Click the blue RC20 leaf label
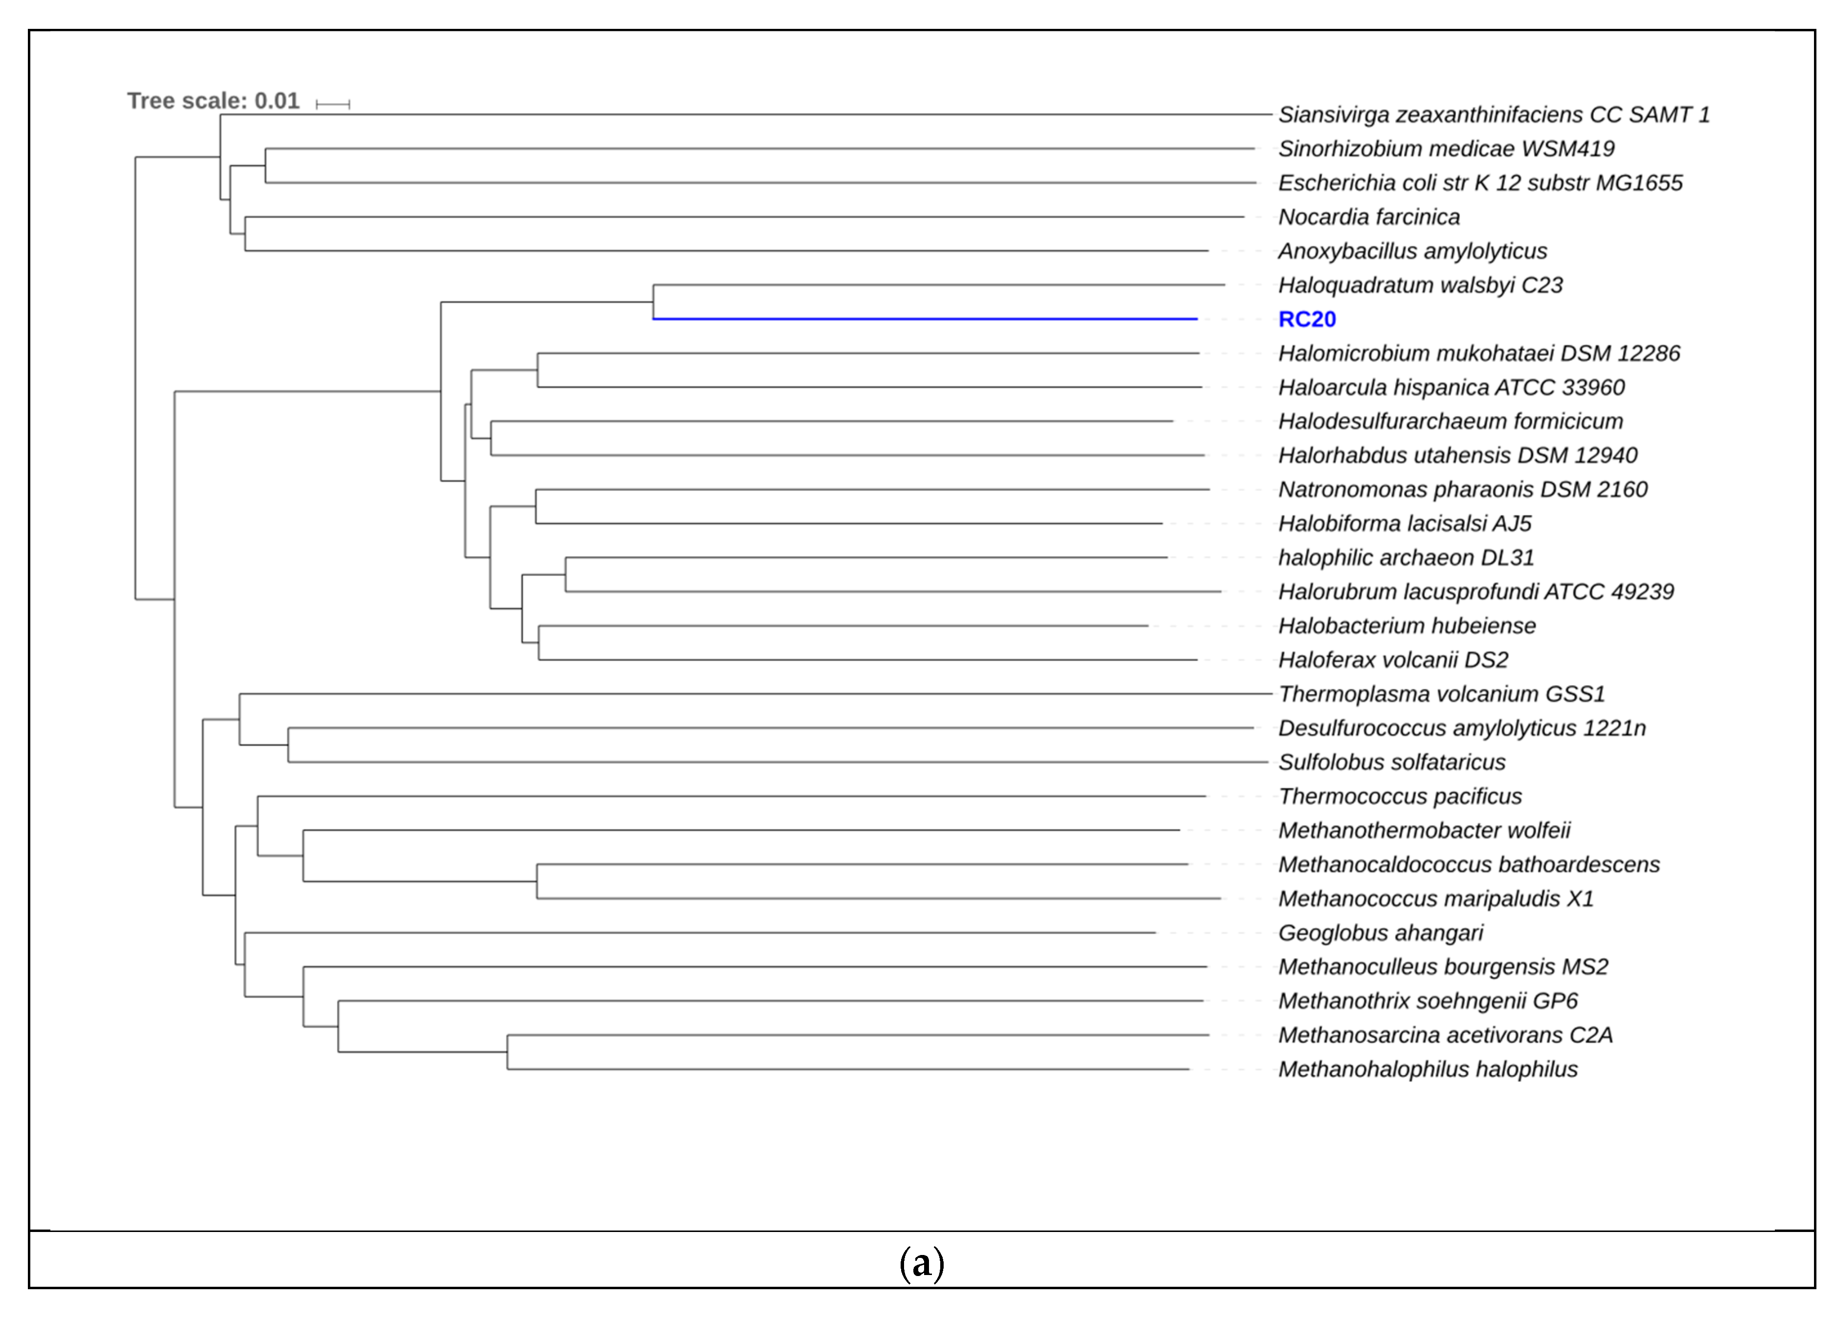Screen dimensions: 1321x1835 point(1306,320)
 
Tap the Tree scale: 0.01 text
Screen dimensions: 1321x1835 point(213,101)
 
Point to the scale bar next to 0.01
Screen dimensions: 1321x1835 point(332,104)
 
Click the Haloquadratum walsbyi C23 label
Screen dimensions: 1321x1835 point(1420,286)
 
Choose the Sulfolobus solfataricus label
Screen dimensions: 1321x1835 point(1392,762)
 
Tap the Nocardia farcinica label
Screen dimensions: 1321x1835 point(1369,218)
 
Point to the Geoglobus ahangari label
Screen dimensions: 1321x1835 point(1380,933)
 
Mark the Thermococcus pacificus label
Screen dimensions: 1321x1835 point(1400,797)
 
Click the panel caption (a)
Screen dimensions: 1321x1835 point(922,1263)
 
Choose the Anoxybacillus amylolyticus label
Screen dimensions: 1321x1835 point(1413,252)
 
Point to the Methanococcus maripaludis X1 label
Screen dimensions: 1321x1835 point(1436,899)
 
